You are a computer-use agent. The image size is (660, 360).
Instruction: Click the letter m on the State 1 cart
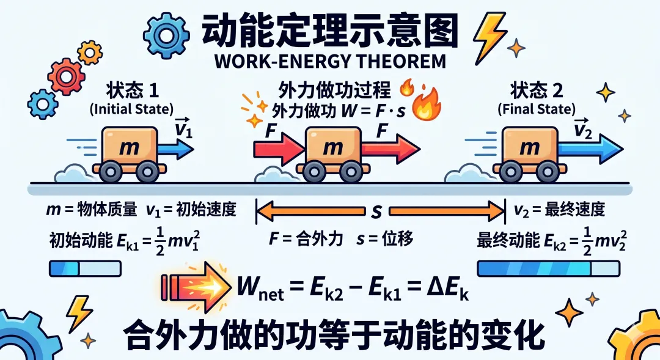tap(128, 148)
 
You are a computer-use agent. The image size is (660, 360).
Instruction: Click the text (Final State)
tap(536, 111)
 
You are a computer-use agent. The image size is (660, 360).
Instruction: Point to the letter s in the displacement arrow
tap(376, 211)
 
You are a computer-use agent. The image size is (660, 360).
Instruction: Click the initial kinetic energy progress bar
tap(84, 268)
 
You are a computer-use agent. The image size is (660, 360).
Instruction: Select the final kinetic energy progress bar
tap(548, 268)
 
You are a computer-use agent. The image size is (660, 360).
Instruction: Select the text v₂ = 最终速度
tap(559, 210)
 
